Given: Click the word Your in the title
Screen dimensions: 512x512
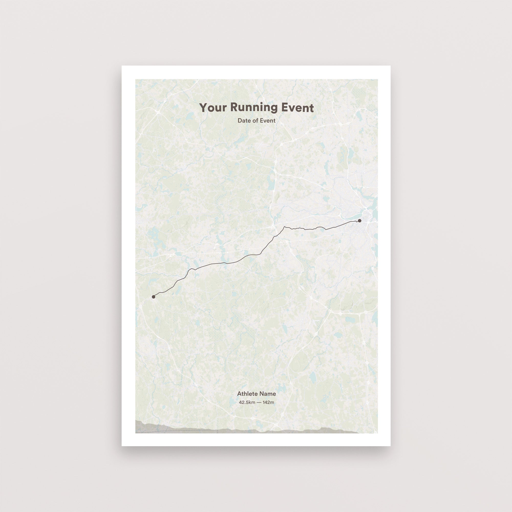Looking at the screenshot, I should tap(213, 108).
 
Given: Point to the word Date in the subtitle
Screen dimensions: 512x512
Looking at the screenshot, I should tap(243, 121).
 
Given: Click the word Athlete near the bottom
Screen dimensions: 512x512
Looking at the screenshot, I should tap(247, 394).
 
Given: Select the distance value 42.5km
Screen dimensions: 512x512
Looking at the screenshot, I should tap(247, 402).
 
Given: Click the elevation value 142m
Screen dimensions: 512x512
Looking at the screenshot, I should tap(269, 402).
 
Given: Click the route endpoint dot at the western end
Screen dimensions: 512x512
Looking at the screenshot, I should tap(153, 296).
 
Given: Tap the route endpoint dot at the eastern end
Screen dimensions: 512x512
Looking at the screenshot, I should tap(360, 220).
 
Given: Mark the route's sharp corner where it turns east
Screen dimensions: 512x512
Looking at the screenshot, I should tap(285, 227).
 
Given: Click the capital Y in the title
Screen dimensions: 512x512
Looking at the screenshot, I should tap(203, 108).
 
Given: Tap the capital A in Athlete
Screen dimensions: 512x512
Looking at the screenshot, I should tap(239, 394).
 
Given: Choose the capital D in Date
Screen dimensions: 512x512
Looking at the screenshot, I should tap(240, 121).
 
